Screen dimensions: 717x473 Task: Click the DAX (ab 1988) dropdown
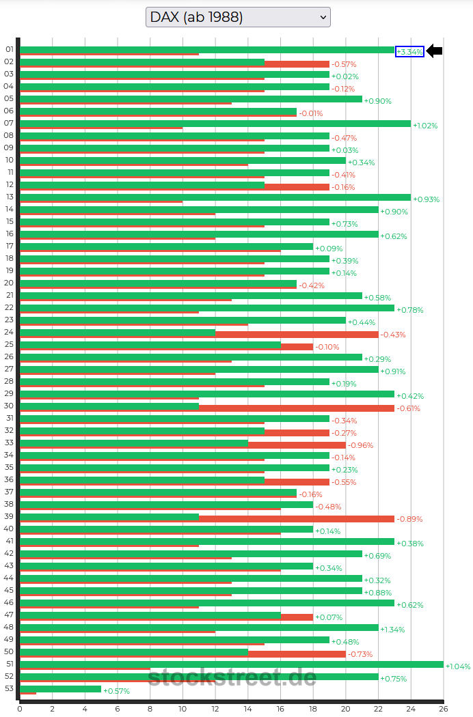pos(238,17)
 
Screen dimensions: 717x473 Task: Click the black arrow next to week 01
pos(435,51)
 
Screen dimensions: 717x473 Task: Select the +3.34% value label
pos(409,52)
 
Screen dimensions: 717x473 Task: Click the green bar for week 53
pos(60,689)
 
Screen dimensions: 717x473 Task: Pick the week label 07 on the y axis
pos(9,123)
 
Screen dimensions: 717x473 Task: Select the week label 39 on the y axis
pos(9,516)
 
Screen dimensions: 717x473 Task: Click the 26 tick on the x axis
pos(443,709)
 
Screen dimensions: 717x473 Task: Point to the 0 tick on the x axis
pos(20,709)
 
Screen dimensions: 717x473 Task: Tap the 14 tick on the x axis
pos(247,709)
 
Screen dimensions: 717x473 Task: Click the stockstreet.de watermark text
pos(232,677)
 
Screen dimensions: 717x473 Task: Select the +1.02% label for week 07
pos(425,126)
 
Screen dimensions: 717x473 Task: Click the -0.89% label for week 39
pos(409,519)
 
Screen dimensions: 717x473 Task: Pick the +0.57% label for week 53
pos(116,691)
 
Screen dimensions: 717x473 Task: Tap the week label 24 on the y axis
pos(9,332)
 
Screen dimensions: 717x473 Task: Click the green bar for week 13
pos(215,197)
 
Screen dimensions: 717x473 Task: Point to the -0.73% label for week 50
pos(361,654)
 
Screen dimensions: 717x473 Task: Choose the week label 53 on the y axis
pos(9,688)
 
